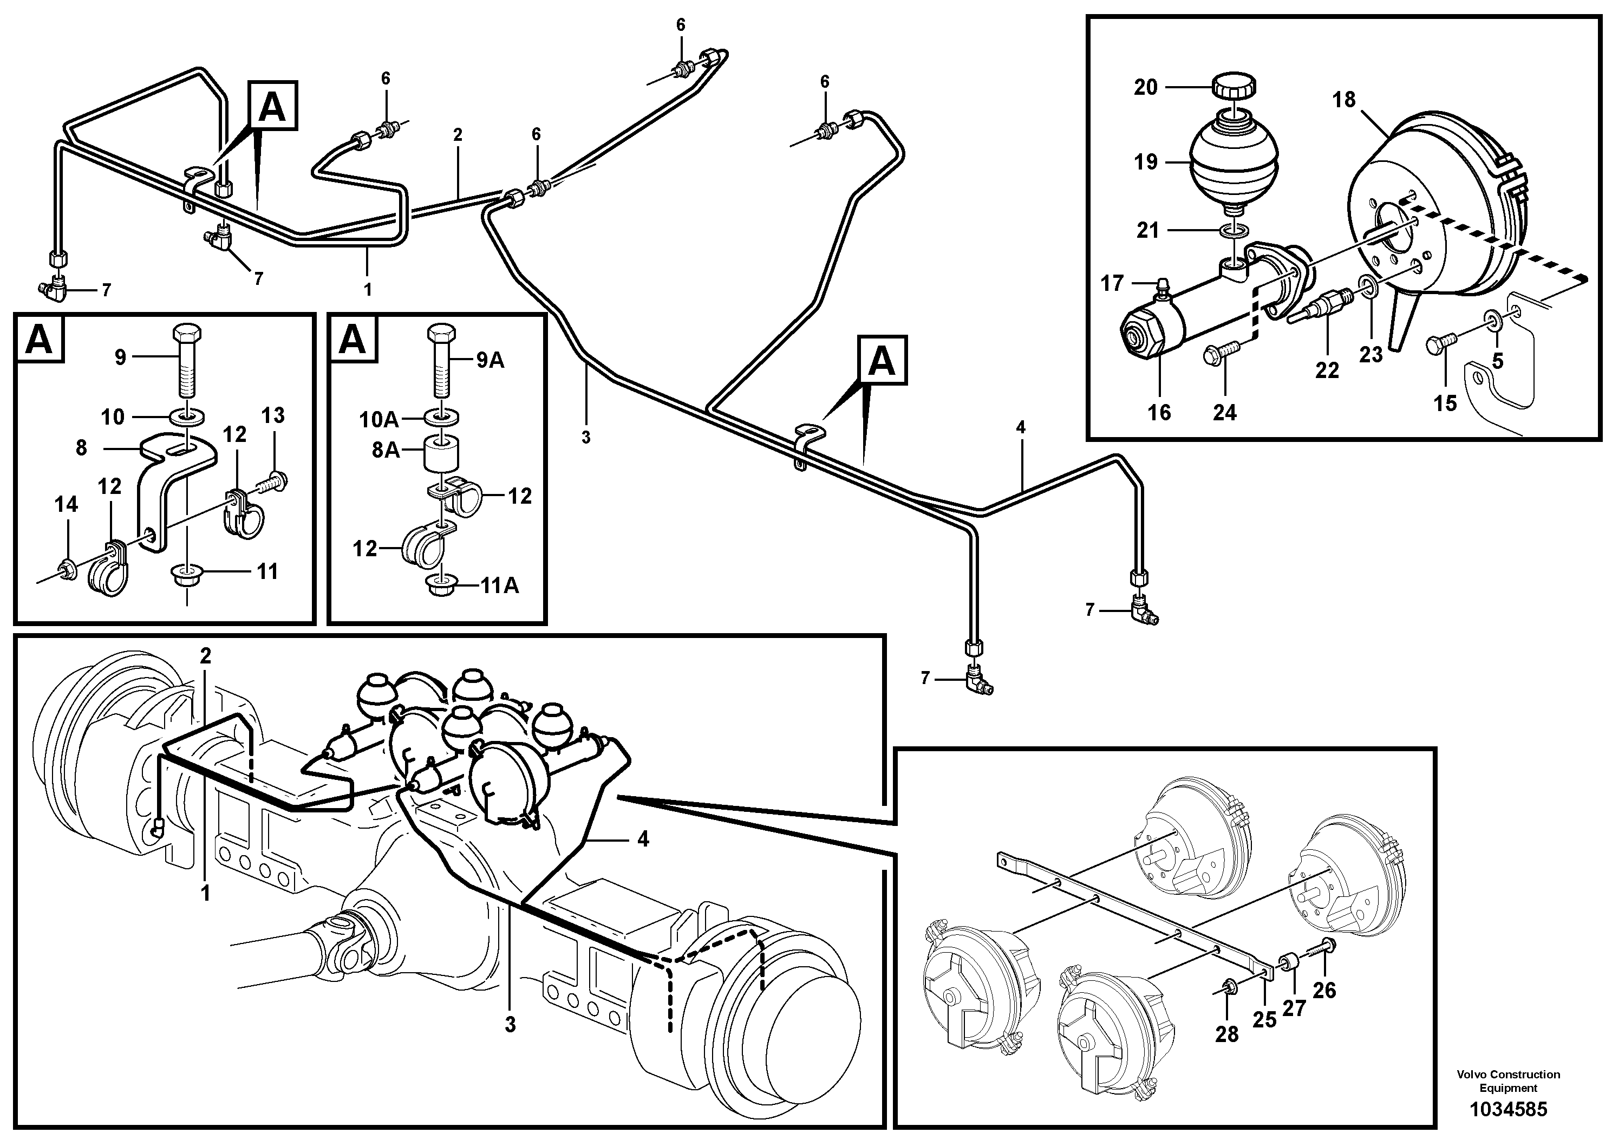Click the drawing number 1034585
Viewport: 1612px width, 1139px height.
pyautogui.click(x=1508, y=1110)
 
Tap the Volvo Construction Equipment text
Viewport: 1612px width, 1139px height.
pyautogui.click(x=1508, y=1081)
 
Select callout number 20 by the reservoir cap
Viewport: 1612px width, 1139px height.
pyautogui.click(x=1145, y=88)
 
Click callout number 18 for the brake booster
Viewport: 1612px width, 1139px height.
pyautogui.click(x=1344, y=100)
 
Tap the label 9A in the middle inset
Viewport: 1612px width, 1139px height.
pyautogui.click(x=490, y=360)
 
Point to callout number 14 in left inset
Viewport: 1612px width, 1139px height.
pyautogui.click(x=66, y=504)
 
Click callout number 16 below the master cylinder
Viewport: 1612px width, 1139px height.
pyautogui.click(x=1159, y=412)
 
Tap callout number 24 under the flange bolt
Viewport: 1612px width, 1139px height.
pyautogui.click(x=1224, y=412)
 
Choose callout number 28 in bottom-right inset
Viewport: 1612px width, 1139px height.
pyautogui.click(x=1226, y=1034)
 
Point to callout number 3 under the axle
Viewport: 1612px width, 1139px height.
pyautogui.click(x=510, y=1025)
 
